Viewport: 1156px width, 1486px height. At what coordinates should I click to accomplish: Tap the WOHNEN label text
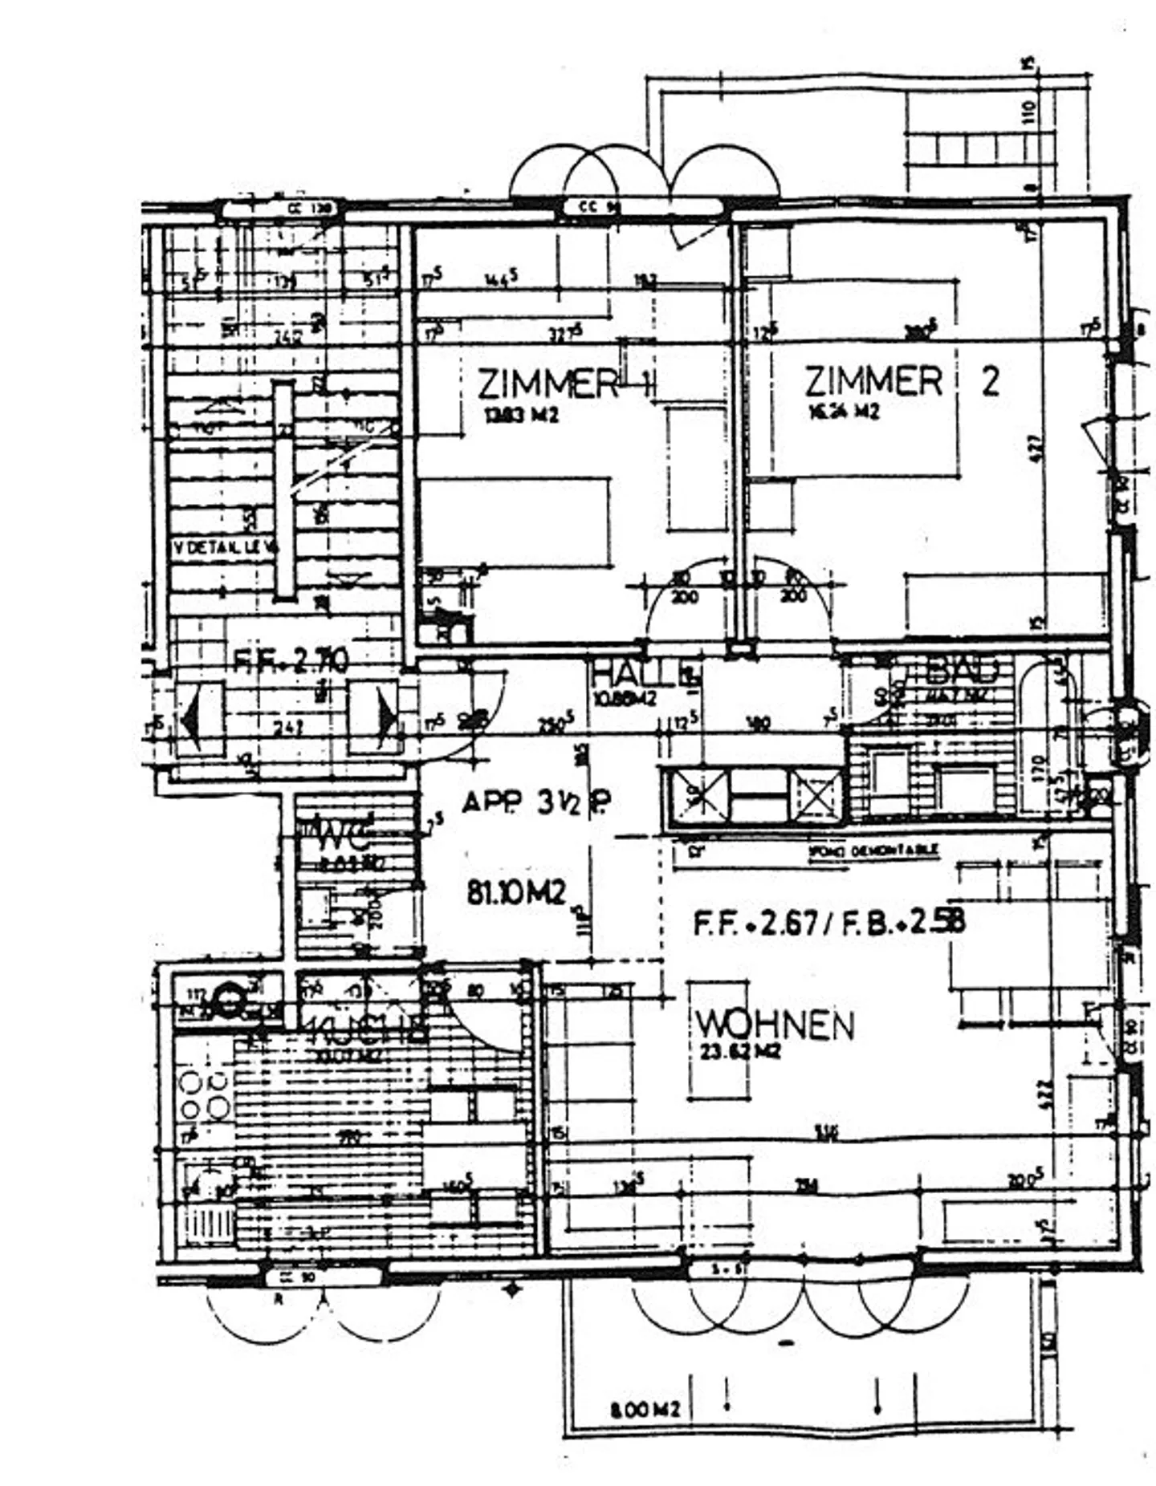click(x=774, y=1025)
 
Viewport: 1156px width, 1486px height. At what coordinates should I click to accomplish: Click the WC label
click(x=347, y=838)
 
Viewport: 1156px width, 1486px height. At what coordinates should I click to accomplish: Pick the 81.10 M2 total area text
click(x=517, y=891)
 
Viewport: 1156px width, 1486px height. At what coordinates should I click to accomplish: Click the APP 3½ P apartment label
click(x=535, y=802)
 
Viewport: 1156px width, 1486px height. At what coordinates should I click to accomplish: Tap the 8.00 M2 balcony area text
click(x=645, y=1409)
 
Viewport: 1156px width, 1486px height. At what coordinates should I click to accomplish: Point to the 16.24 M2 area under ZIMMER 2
click(x=843, y=411)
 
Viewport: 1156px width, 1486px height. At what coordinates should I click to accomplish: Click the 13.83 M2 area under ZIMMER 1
click(x=519, y=416)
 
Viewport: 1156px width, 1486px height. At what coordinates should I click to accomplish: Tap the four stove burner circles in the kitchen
click(x=206, y=1096)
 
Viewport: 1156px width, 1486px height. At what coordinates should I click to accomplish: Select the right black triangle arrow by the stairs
click(x=386, y=713)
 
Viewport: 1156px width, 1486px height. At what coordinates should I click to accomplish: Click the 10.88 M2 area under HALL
click(x=624, y=698)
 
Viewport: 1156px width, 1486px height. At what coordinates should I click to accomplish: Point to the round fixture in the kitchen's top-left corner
click(x=230, y=1000)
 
